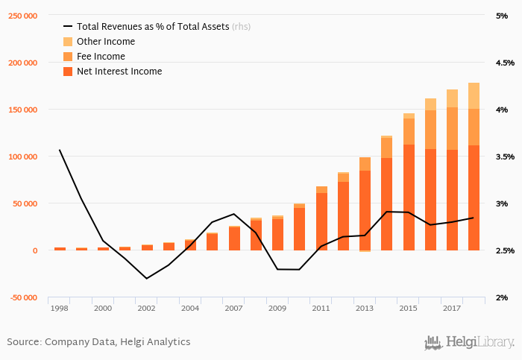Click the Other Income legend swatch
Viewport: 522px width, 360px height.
click(x=68, y=42)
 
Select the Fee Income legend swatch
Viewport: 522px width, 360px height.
click(x=68, y=57)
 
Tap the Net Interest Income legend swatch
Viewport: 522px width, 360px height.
click(x=68, y=72)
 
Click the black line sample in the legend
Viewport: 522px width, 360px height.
click(x=68, y=26)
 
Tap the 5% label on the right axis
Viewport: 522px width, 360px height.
click(x=502, y=16)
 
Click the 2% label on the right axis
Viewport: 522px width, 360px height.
click(x=502, y=297)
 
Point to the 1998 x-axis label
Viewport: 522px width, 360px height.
click(x=59, y=308)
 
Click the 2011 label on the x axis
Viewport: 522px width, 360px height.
click(x=321, y=308)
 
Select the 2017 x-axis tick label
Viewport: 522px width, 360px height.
click(x=451, y=308)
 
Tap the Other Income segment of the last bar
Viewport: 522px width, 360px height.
click(x=474, y=95)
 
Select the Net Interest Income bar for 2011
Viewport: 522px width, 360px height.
click(x=321, y=221)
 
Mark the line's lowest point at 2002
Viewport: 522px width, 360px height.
click(x=147, y=278)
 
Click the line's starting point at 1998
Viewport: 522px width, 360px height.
click(x=60, y=150)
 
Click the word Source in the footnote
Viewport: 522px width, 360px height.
click(x=23, y=341)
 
